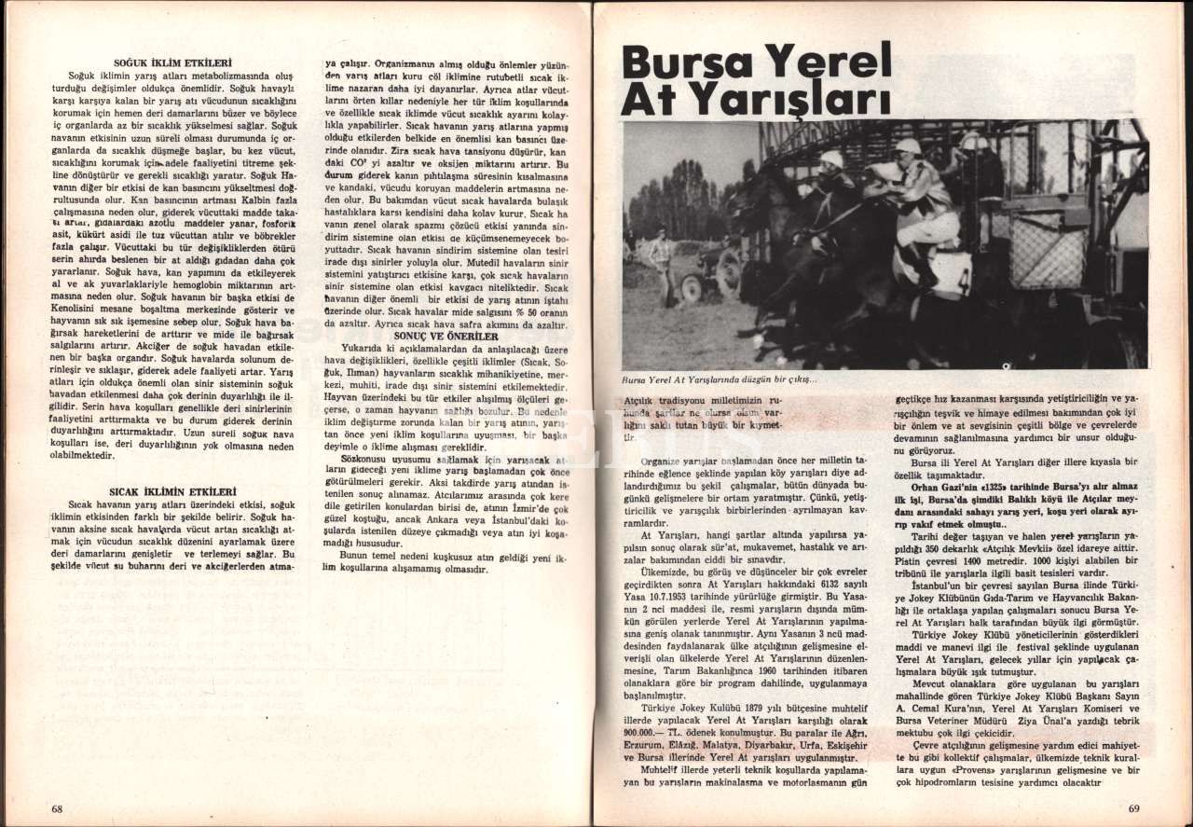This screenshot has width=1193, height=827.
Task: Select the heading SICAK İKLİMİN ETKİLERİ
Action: point(172,490)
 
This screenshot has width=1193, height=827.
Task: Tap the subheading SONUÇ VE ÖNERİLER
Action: point(446,336)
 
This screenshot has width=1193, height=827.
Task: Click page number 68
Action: point(57,808)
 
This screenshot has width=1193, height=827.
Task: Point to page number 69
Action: point(1133,808)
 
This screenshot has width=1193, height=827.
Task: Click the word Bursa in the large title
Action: point(688,62)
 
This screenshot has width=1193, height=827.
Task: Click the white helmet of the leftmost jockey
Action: point(831,159)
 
